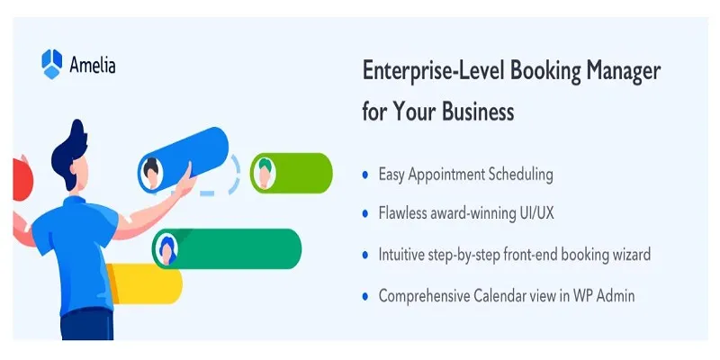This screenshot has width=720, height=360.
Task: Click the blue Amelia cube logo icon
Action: coord(52,63)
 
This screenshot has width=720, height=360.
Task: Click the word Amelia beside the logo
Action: coord(93,65)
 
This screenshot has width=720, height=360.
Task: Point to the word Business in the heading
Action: coord(478,111)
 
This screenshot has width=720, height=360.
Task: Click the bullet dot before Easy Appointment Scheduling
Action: coord(365,175)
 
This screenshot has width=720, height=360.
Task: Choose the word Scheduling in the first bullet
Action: coord(520,175)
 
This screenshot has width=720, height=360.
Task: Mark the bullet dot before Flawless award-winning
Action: coord(365,213)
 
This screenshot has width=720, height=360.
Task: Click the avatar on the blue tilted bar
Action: coord(151,173)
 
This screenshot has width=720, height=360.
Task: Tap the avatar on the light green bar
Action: coord(265,173)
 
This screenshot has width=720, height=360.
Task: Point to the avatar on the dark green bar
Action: coord(166,249)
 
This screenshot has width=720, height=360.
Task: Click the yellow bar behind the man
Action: coord(144,283)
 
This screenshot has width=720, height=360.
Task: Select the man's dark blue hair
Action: coord(69,152)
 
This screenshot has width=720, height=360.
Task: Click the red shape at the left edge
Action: coord(22,179)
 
